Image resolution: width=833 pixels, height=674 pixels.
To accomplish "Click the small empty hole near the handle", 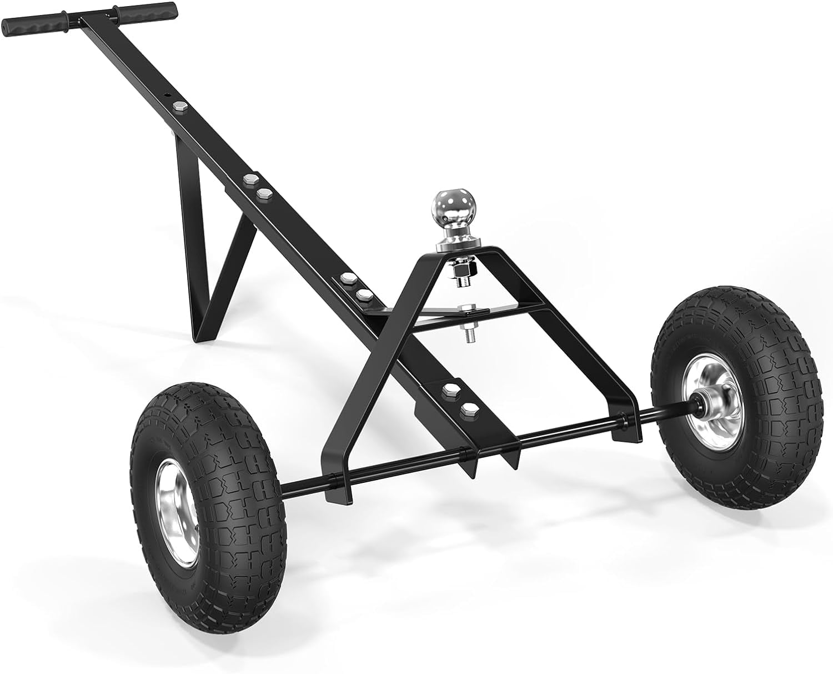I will tap(165, 96).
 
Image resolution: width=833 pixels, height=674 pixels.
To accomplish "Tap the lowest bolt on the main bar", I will tap(469, 411).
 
